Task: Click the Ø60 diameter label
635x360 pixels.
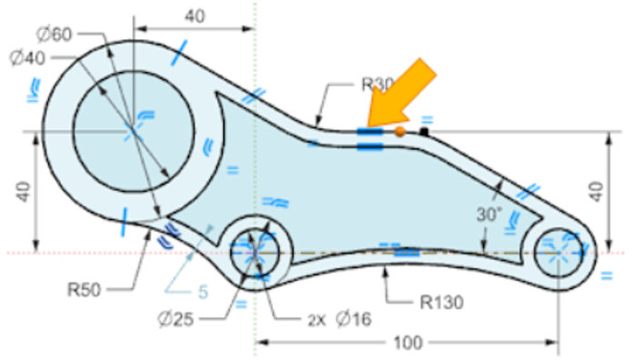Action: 55,34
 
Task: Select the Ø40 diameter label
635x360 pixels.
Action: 27,58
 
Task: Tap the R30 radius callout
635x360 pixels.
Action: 377,85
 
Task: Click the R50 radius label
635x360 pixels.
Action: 84,290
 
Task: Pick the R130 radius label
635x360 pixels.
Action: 441,302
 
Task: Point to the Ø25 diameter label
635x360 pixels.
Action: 176,319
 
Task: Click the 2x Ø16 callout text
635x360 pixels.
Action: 339,320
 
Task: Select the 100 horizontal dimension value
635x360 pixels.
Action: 408,343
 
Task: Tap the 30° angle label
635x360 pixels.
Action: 489,215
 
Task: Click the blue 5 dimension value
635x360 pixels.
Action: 203,292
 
